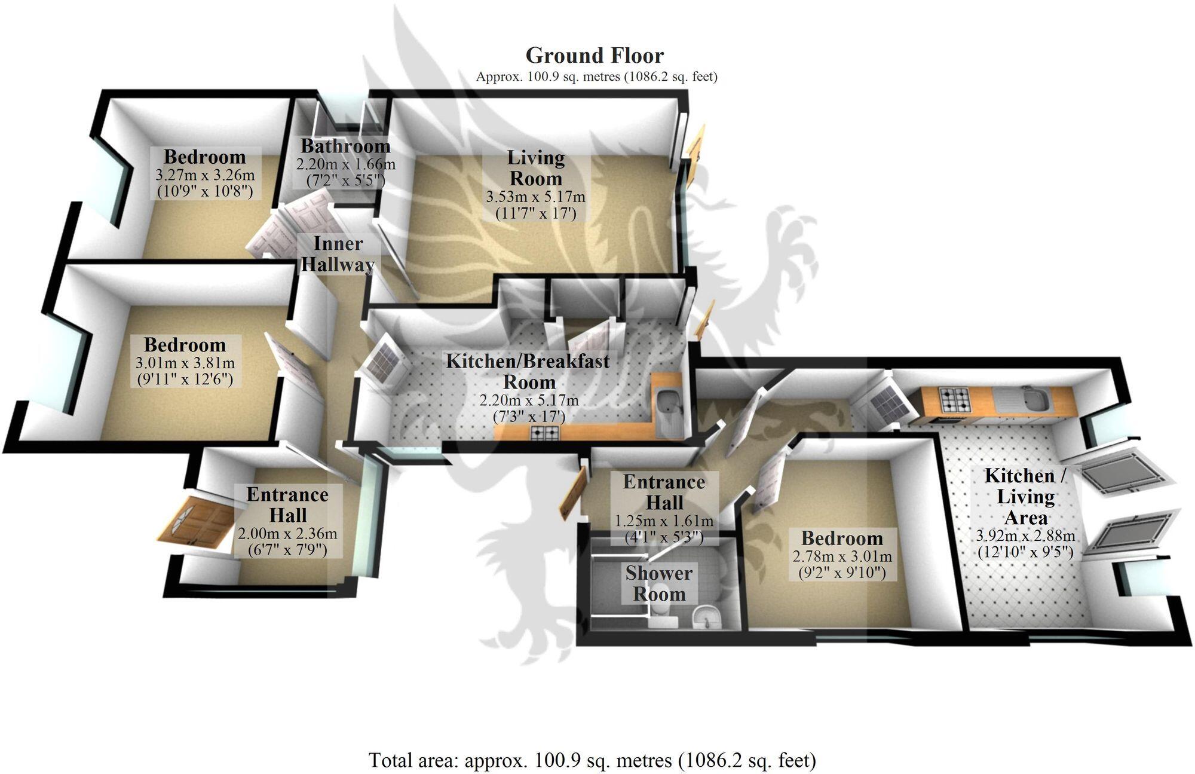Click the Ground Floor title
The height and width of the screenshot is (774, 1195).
click(x=594, y=56)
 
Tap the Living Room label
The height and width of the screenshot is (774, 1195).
click(x=535, y=168)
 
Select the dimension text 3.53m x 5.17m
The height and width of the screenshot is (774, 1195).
click(x=535, y=197)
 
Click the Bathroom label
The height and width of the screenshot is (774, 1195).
click(x=345, y=146)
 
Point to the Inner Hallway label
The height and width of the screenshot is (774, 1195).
click(x=338, y=254)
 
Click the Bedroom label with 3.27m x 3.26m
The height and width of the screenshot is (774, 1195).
click(x=204, y=157)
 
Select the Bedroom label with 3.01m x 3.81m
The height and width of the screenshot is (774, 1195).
click(x=185, y=345)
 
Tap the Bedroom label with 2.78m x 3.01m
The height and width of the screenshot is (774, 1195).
click(x=841, y=539)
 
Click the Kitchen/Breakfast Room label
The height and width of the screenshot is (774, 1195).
click(x=528, y=371)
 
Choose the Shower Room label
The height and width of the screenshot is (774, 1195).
click(x=658, y=583)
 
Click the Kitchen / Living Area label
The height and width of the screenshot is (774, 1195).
click(x=1025, y=496)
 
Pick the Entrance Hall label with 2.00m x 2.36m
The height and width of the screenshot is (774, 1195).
click(x=287, y=505)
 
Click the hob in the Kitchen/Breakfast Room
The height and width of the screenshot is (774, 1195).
click(x=546, y=432)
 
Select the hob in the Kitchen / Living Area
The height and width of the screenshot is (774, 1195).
click(x=955, y=399)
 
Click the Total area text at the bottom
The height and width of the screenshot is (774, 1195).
click(x=592, y=760)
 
